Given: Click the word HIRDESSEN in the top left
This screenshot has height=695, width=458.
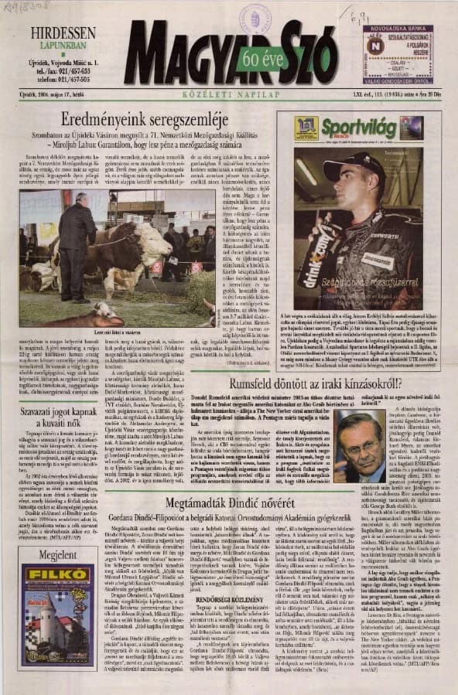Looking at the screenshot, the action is (x=64, y=33).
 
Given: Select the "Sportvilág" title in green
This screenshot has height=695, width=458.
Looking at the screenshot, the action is (x=358, y=128).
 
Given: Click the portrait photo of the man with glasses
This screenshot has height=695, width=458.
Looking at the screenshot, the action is (x=367, y=446).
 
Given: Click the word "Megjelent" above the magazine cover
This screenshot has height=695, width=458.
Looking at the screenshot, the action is (x=57, y=555).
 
